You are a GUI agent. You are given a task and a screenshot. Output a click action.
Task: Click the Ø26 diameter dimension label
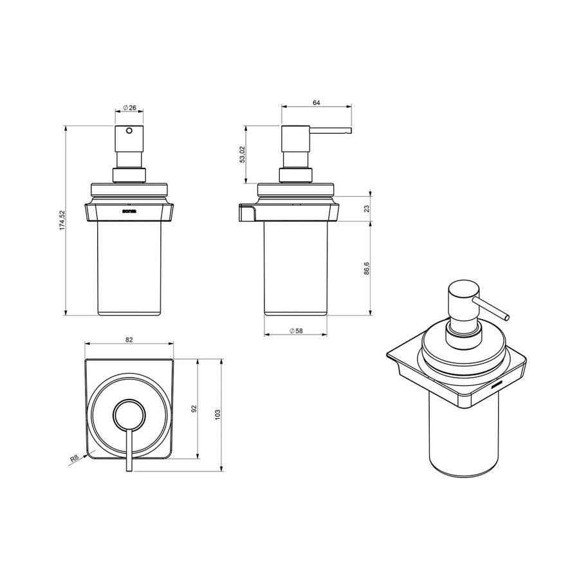[x=129, y=108]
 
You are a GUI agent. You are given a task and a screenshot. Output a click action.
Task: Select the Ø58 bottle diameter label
[x=297, y=330]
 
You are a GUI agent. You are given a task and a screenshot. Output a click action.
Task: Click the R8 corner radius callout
[x=75, y=459]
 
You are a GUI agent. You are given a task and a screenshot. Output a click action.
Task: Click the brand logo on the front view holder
[x=129, y=210]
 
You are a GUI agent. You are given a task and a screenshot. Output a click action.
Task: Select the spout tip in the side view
[x=349, y=131]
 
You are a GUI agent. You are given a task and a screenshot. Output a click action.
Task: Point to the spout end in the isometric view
[x=507, y=317]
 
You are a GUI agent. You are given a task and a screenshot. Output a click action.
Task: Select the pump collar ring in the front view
[x=129, y=175]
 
